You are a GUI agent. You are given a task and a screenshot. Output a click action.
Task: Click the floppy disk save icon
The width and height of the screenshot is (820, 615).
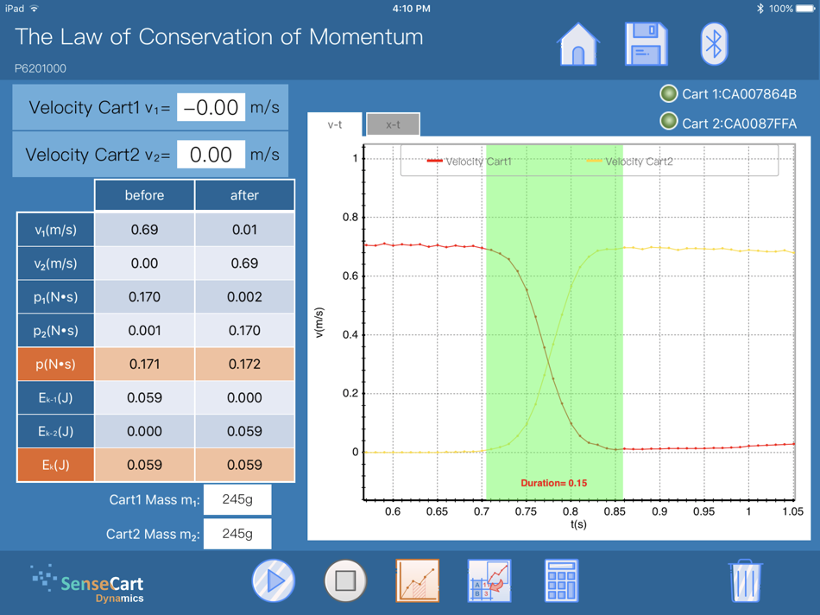[x=646, y=43]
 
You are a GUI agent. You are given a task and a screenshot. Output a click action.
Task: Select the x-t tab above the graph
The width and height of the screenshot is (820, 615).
[x=393, y=124]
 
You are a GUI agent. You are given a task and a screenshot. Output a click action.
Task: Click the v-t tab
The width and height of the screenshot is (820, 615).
[x=335, y=124]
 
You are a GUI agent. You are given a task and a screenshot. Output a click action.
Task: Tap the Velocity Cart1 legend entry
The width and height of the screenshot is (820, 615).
[x=470, y=162]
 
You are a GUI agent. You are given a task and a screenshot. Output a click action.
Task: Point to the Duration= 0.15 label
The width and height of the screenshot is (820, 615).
[x=553, y=483]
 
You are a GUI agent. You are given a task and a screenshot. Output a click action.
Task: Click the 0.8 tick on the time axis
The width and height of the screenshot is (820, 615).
[x=570, y=511]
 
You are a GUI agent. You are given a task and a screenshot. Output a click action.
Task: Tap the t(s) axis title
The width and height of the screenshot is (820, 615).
[x=578, y=524]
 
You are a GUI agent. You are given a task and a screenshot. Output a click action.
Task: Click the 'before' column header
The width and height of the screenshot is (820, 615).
[x=144, y=195]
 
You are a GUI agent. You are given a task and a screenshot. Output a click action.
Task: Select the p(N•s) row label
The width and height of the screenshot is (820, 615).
[x=55, y=365]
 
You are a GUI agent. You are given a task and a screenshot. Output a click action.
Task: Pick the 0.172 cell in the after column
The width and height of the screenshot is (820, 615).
[x=244, y=365]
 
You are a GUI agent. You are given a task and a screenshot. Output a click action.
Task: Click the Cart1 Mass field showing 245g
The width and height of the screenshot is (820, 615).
[x=237, y=500]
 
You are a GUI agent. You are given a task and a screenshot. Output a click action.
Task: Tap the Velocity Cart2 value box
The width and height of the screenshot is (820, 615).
[x=211, y=155]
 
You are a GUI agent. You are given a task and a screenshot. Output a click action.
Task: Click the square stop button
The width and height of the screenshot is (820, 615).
[x=344, y=580]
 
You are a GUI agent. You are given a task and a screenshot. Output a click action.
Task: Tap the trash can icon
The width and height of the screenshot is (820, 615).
[x=745, y=580]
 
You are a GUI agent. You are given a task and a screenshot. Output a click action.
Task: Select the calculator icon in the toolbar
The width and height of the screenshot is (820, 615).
[x=561, y=580]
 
